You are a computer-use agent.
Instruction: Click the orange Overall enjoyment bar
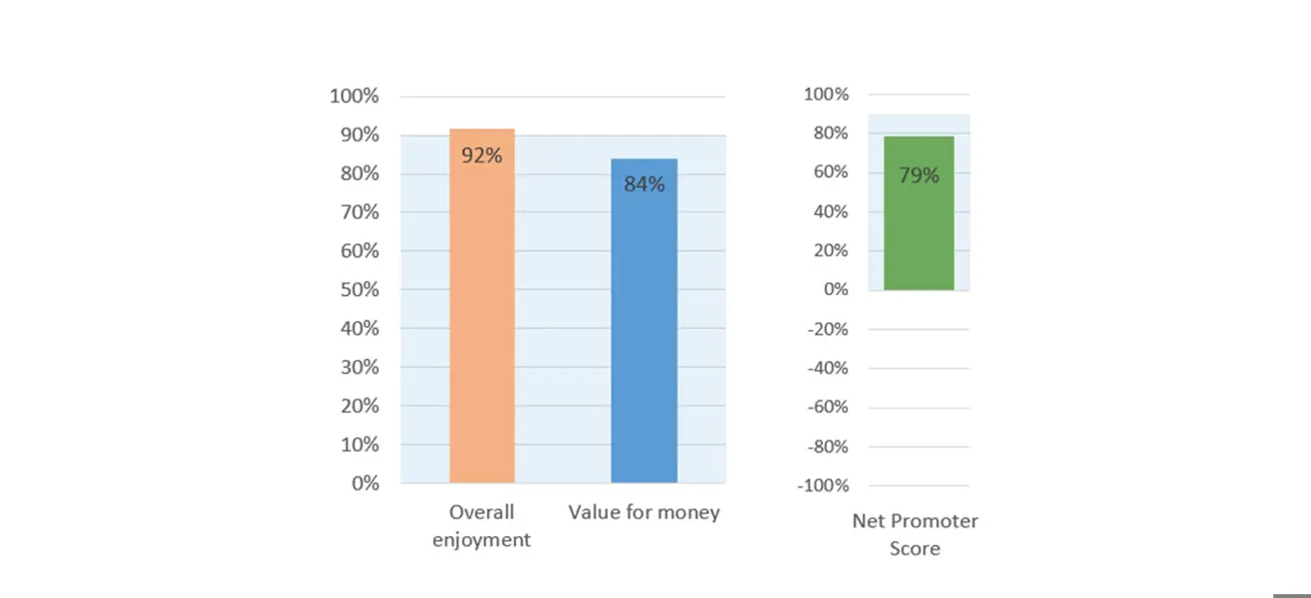tap(481, 319)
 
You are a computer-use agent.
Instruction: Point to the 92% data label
tap(481, 155)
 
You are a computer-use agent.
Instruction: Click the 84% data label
tap(644, 184)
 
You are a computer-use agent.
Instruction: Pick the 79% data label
tap(918, 175)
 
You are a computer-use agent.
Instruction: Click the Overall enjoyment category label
tap(481, 525)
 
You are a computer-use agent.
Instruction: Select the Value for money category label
tap(644, 512)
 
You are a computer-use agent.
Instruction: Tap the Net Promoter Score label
tap(915, 534)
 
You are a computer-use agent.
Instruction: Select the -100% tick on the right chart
tap(823, 485)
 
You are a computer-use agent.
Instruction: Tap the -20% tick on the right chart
tap(827, 329)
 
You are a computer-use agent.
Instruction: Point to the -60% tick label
tap(827, 407)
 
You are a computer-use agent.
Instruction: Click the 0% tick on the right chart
tap(835, 289)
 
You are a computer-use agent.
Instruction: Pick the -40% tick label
tap(827, 368)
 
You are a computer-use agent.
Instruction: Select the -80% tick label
tap(827, 447)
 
